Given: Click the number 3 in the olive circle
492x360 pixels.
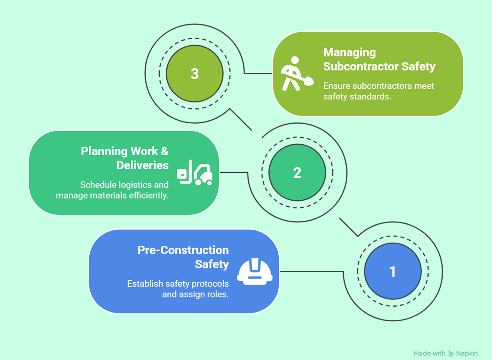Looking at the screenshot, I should pos(195,74).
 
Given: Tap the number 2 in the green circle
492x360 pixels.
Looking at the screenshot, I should pos(297,173).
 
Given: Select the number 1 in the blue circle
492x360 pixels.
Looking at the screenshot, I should pos(392,272).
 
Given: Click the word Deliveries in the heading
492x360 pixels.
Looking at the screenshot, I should pos(143,165).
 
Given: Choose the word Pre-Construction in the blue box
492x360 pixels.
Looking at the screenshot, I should pos(183,250).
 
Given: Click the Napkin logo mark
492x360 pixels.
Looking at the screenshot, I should pos(451,353).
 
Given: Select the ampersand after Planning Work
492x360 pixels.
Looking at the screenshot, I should pos(164,151).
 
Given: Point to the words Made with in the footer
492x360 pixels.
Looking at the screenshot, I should pos(430,353).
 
